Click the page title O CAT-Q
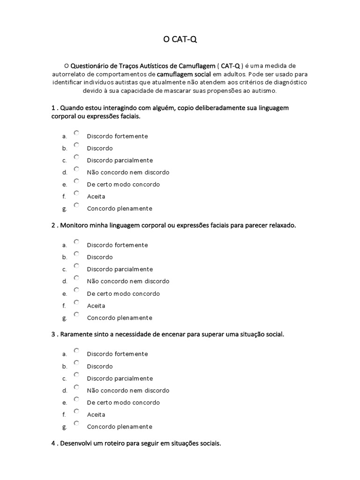(x=180, y=40)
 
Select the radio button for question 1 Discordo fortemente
(x=76, y=133)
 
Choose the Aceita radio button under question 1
(x=76, y=193)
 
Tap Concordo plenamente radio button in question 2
(x=76, y=315)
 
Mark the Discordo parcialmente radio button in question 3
(x=76, y=375)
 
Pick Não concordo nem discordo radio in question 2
(x=76, y=278)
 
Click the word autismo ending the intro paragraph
(x=265, y=91)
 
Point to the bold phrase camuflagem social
(x=184, y=74)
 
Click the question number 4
(x=53, y=443)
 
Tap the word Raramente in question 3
(x=76, y=334)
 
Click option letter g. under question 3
(x=64, y=427)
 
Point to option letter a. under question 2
(x=64, y=245)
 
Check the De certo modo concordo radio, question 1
(x=76, y=181)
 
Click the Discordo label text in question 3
(x=100, y=366)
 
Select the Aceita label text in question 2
(x=96, y=306)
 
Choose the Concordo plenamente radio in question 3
(x=76, y=423)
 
